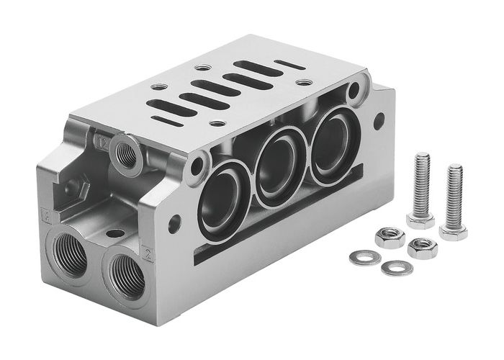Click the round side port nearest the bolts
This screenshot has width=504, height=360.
tap(328, 151)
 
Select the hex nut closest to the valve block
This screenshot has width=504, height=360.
tap(390, 235)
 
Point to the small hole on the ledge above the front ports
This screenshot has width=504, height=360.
tap(113, 234)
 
